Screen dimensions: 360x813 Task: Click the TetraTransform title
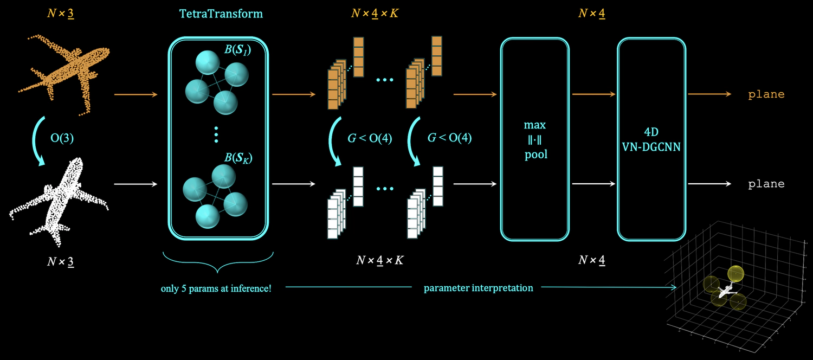[221, 14]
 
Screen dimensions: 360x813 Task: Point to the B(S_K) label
[238, 159]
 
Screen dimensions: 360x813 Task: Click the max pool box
[534, 140]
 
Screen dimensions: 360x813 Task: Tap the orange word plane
[766, 94]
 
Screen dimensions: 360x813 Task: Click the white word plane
[766, 184]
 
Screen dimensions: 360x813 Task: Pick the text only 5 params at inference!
[216, 288]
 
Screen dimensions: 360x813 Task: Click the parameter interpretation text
[479, 288]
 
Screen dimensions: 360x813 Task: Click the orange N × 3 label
[61, 14]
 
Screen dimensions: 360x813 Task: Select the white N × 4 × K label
[379, 260]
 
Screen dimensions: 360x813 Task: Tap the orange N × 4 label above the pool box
[591, 14]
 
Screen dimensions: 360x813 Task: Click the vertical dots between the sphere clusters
[216, 134]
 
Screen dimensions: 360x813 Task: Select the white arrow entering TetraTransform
[135, 184]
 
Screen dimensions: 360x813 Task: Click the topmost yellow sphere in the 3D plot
[735, 275]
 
